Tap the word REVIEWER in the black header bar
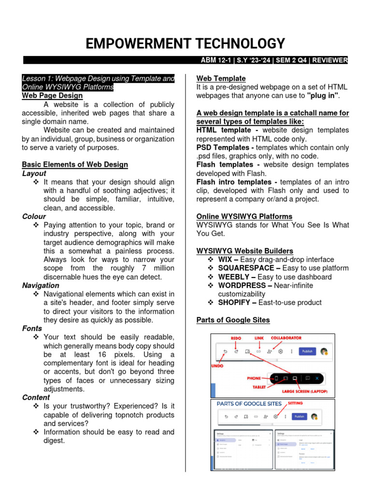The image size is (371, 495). [x=329, y=60]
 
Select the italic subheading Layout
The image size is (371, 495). [x=34, y=173]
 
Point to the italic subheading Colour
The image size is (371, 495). [x=34, y=217]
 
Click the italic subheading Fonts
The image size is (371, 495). [x=32, y=328]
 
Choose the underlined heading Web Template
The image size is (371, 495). [x=221, y=78]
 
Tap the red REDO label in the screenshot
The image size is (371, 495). [x=236, y=337]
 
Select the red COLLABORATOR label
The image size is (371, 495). [x=286, y=337]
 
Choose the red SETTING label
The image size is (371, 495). [x=296, y=403]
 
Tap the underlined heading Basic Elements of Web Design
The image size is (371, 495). [x=75, y=164]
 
